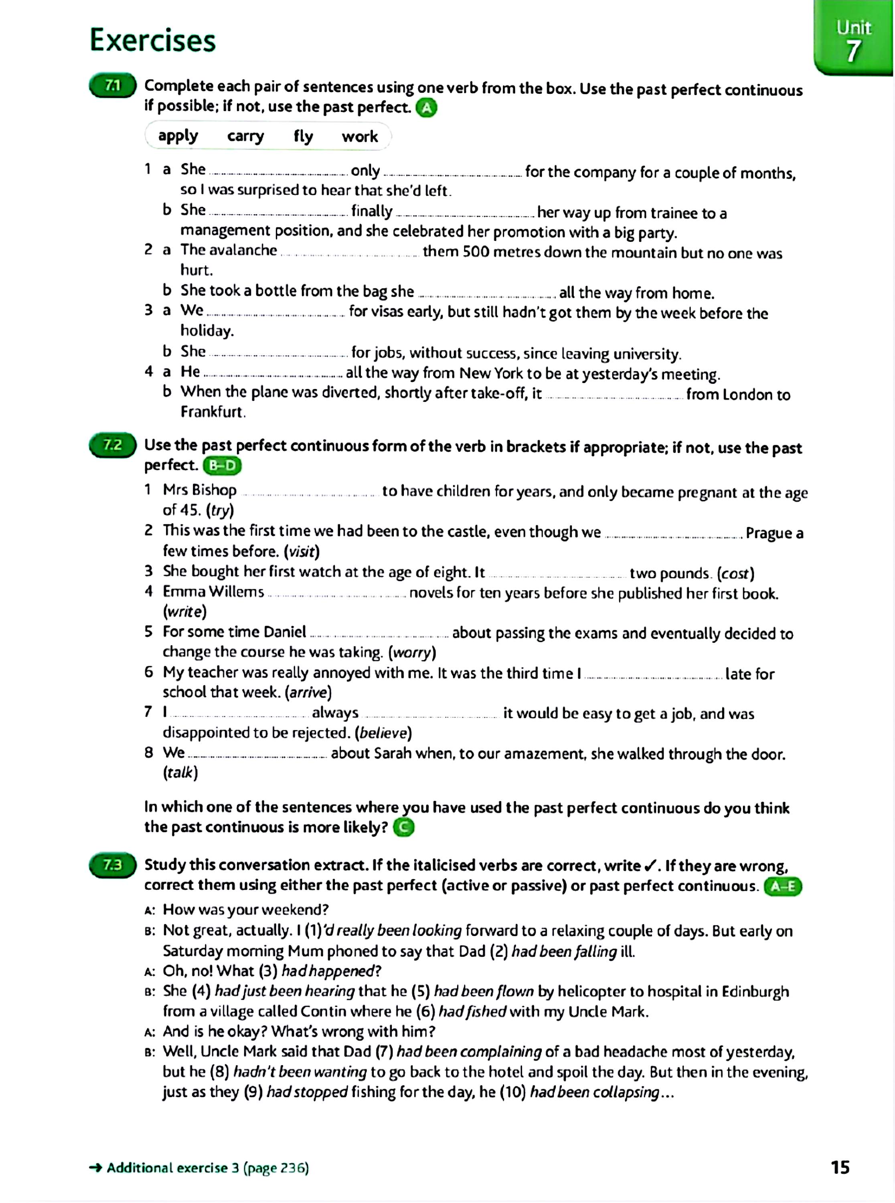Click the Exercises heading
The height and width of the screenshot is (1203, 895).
pyautogui.click(x=152, y=41)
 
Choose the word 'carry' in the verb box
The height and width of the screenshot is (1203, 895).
pyautogui.click(x=245, y=136)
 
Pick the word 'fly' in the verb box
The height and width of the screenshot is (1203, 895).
pyautogui.click(x=304, y=136)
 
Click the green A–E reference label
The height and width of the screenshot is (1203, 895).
pyautogui.click(x=782, y=887)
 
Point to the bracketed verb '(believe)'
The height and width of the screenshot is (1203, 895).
pyautogui.click(x=383, y=733)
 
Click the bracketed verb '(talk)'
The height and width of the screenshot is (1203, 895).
pyautogui.click(x=180, y=773)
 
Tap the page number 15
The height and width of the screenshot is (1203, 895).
pyautogui.click(x=840, y=1167)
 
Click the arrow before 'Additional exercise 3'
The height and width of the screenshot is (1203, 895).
pyautogui.click(x=96, y=1168)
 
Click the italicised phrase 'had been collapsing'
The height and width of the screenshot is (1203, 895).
pyautogui.click(x=594, y=1092)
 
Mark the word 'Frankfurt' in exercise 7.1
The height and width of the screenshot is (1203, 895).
pyautogui.click(x=213, y=412)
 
